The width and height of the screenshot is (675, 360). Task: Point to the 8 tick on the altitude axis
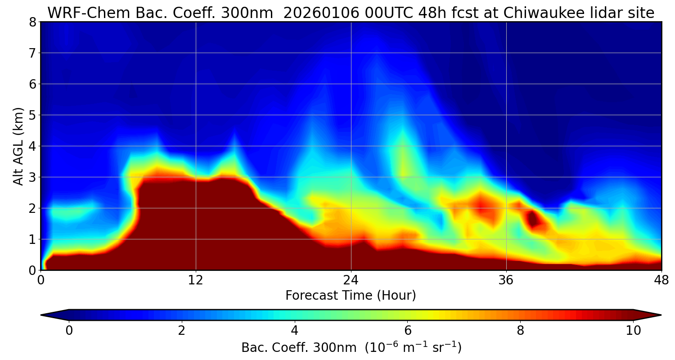[32, 22]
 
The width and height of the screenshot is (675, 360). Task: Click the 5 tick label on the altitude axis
[32, 115]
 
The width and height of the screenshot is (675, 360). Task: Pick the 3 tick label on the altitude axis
[32, 177]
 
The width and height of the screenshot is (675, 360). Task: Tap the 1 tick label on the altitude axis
[32, 239]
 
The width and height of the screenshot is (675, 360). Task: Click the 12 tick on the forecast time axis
[196, 280]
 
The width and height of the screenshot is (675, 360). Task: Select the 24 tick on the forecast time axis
[351, 280]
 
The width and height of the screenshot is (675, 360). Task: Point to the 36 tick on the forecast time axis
[506, 280]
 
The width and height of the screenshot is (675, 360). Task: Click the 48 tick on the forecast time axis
[661, 280]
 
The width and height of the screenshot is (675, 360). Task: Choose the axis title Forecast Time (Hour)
[351, 296]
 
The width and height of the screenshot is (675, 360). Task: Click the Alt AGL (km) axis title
[18, 146]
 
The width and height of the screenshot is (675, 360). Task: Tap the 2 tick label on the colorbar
[182, 331]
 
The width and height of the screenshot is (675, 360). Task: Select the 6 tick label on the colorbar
[408, 331]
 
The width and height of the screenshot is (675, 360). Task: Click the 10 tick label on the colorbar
[633, 331]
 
